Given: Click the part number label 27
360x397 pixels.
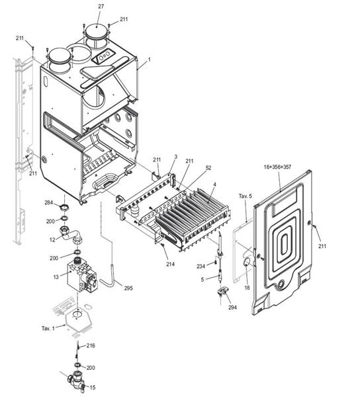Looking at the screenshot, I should click(101, 6).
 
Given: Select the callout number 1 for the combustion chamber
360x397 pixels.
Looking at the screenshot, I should click(149, 60).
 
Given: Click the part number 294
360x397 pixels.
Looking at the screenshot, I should click(233, 308).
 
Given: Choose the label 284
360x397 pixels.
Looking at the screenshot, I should click(49, 202).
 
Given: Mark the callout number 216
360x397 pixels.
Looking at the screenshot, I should click(91, 345).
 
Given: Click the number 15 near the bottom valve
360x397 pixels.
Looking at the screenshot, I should click(92, 387).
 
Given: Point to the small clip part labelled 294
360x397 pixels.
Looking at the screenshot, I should click(222, 290).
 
